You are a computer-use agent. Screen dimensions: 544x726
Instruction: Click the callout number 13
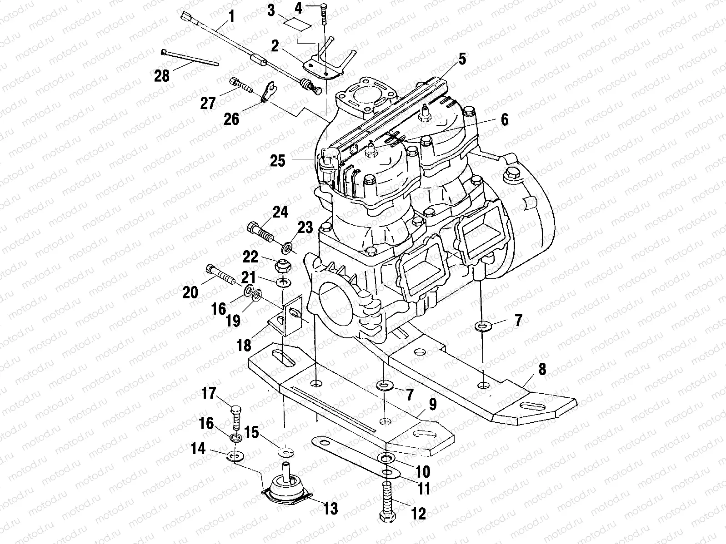[x=330, y=509]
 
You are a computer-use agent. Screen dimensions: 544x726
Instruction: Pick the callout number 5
[x=462, y=59]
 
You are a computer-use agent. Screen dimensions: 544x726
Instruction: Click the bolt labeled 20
[x=220, y=275]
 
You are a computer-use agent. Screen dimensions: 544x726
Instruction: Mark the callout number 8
[x=541, y=369]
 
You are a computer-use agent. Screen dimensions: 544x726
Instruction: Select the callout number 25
[x=278, y=160]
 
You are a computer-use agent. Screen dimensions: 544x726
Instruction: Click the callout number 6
[x=504, y=119]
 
